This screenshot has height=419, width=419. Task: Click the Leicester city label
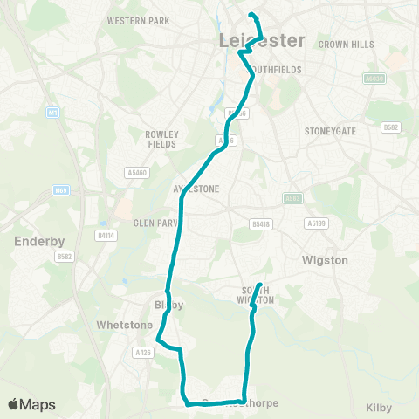pos(263,41)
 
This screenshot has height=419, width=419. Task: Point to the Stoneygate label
pos(327,132)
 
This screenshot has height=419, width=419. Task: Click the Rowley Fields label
pos(161,139)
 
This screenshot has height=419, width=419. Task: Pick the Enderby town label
pos(36,240)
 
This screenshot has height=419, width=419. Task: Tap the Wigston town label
pos(325,260)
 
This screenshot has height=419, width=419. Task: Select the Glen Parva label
pos(155,223)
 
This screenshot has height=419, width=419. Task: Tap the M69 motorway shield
pos(61,189)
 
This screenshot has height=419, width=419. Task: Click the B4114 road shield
pos(106,235)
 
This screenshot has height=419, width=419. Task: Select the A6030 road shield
pos(374,79)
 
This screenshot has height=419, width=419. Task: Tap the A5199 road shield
pos(317,223)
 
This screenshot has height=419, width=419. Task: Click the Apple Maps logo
pos(31,404)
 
